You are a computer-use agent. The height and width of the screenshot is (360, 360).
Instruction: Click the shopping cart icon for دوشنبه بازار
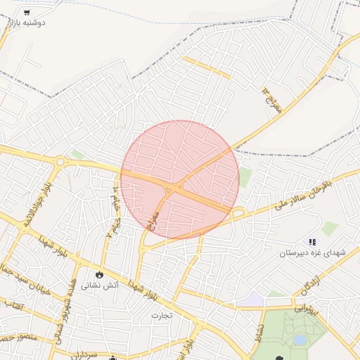click(x=27, y=12)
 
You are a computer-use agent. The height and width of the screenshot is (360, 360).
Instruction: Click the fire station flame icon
click(x=99, y=274)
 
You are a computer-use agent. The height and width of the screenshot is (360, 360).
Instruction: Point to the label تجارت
click(x=166, y=315)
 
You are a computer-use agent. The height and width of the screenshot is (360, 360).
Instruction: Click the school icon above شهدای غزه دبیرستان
click(x=312, y=242)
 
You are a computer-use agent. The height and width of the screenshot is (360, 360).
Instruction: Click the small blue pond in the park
click(x=300, y=340)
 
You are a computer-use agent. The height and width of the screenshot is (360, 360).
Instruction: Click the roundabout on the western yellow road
click(x=60, y=162)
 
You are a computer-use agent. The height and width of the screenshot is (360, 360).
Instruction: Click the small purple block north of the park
click(x=250, y=300)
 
